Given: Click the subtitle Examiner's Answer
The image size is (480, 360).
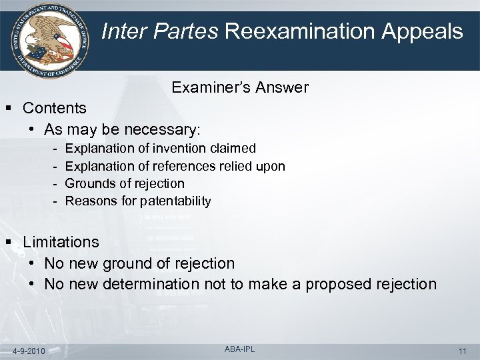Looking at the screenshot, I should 240,87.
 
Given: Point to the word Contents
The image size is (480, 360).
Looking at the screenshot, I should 55,108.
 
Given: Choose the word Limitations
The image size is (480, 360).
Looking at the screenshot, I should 61,242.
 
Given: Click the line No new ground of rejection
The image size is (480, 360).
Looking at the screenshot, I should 139,263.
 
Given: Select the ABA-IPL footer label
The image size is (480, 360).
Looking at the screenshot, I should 240,348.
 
